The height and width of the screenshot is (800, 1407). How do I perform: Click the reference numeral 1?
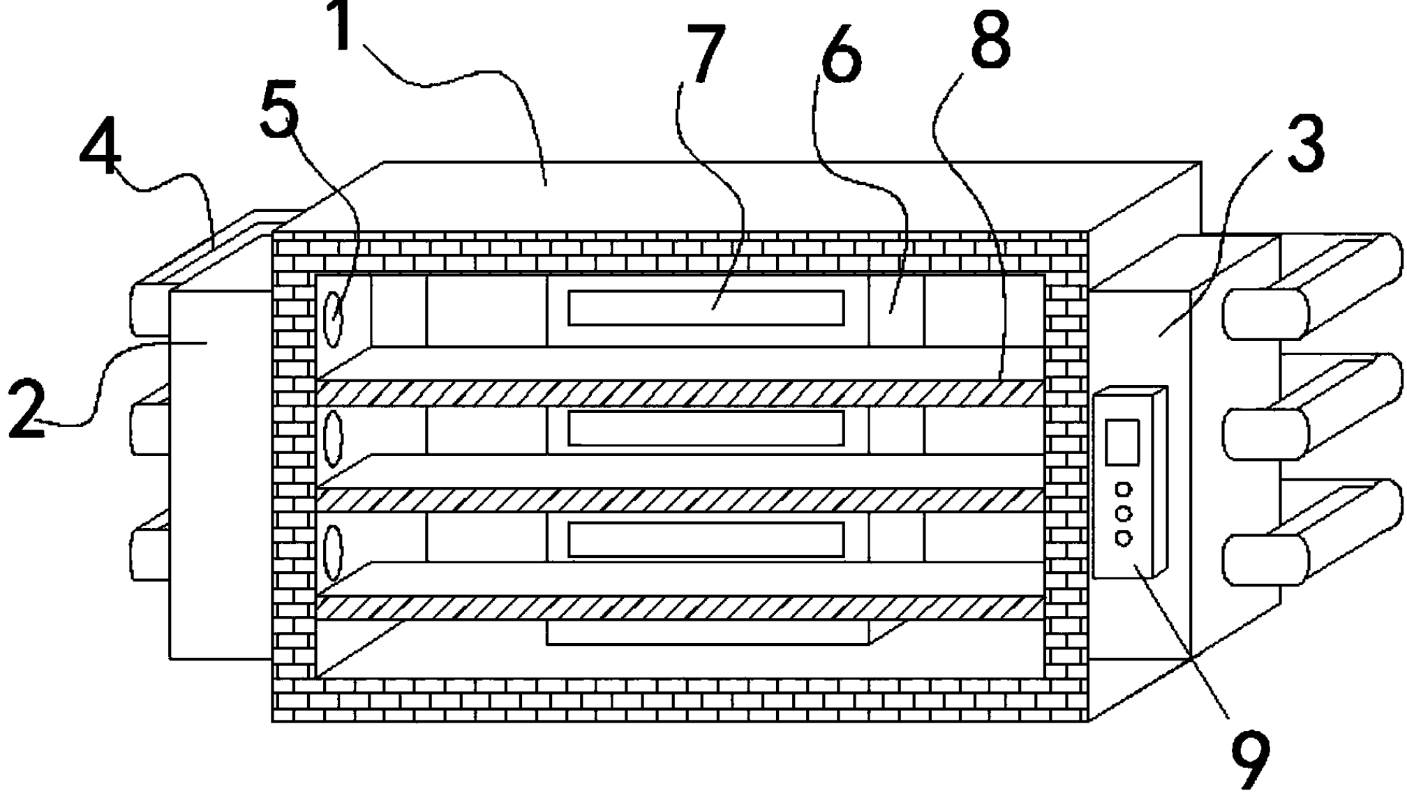click(x=341, y=27)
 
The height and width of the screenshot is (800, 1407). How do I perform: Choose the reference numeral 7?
click(x=706, y=54)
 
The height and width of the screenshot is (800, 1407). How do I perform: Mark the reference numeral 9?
click(x=1250, y=760)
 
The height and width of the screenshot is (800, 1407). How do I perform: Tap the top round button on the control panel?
click(x=1124, y=489)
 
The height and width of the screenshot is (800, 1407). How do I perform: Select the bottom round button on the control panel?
click(x=1124, y=538)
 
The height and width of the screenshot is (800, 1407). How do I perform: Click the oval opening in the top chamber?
click(x=334, y=319)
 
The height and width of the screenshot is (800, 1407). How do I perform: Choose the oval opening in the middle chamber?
click(x=334, y=439)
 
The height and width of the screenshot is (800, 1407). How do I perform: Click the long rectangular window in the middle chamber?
click(x=706, y=428)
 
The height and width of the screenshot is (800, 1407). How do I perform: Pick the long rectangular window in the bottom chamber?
click(x=706, y=540)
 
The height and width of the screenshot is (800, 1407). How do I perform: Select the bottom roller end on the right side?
click(x=1265, y=560)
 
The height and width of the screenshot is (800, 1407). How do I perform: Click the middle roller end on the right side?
click(x=1265, y=435)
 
